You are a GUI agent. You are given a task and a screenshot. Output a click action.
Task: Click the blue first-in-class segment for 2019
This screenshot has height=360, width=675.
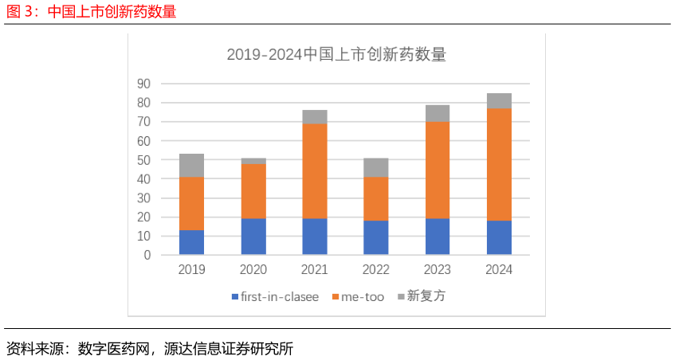(191, 242)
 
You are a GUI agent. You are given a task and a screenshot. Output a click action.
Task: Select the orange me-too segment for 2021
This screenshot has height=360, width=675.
(314, 170)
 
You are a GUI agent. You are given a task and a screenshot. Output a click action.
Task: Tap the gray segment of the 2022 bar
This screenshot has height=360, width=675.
(375, 167)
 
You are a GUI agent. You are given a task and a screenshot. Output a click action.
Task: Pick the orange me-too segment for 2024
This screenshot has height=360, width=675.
(499, 164)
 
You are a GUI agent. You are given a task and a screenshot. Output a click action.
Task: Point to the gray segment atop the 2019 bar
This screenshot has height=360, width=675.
(191, 165)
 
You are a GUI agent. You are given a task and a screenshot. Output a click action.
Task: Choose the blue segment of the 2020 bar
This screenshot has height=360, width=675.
(253, 237)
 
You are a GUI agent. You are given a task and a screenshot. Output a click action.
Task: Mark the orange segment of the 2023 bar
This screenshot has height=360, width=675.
(437, 170)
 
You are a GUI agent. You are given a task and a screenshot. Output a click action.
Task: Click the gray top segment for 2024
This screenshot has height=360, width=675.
(499, 100)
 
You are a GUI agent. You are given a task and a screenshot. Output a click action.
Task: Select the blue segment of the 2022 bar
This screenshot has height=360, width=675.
(375, 237)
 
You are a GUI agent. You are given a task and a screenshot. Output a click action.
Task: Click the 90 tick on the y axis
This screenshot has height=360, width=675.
(143, 84)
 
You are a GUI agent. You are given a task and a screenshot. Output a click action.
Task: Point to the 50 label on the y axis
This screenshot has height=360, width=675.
(143, 160)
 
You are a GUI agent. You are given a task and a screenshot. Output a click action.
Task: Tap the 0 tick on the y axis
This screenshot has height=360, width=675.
(147, 256)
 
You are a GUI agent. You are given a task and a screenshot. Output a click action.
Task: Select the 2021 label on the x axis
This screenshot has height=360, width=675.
(314, 270)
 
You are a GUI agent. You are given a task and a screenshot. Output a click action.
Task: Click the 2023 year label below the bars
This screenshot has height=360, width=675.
(437, 270)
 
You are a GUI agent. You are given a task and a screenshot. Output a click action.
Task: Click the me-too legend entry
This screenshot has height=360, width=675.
(362, 297)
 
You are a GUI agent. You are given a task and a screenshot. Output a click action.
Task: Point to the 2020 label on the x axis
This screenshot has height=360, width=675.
(253, 270)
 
